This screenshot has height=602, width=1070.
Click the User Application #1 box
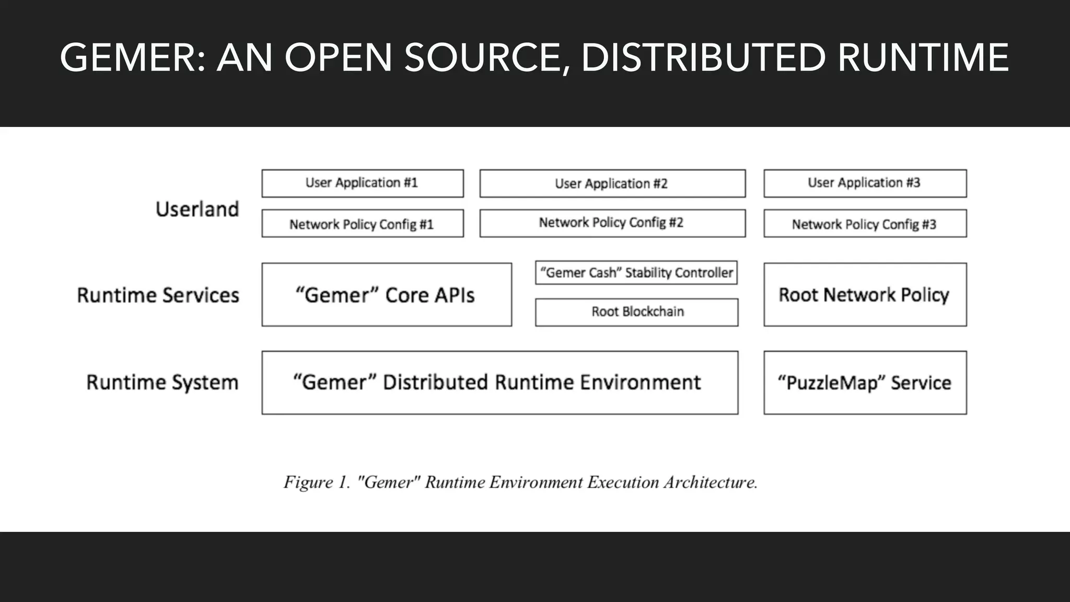tap(362, 183)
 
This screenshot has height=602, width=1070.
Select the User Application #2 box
tap(612, 183)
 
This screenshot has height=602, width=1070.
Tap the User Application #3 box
tap(865, 183)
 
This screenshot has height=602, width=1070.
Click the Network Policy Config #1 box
tap(362, 224)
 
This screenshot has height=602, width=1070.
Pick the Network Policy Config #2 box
tap(612, 223)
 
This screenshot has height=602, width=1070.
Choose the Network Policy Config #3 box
tap(865, 224)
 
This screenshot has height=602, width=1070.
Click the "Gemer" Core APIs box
tap(386, 295)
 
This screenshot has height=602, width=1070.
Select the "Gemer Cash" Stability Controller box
tap(636, 273)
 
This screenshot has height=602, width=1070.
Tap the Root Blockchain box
tap(636, 312)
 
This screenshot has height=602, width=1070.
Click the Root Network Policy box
tap(865, 295)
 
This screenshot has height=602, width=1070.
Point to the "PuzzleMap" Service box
tap(865, 383)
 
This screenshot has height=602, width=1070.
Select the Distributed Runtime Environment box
tap(499, 383)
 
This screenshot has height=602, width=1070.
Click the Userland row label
tap(197, 209)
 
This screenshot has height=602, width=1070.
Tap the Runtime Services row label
tap(158, 295)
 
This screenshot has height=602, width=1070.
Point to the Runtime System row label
tap(162, 383)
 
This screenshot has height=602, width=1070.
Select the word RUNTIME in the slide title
tap(923, 57)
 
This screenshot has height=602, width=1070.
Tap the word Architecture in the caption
tap(711, 482)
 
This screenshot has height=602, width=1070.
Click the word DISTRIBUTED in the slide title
tap(703, 57)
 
